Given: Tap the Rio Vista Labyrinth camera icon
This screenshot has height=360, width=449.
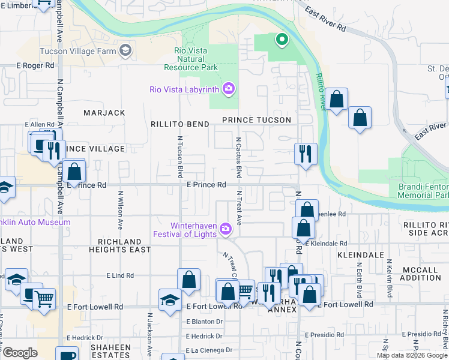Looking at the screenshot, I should point(228,89).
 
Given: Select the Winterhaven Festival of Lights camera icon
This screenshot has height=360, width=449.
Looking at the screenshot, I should point(225,229).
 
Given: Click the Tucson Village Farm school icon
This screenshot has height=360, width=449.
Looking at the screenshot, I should point(125,50).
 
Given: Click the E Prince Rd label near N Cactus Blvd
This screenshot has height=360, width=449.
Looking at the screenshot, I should point(206,185).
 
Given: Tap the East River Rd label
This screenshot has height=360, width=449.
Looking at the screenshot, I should point(325,20).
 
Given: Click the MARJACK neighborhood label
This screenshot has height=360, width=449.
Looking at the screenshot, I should point(104,113).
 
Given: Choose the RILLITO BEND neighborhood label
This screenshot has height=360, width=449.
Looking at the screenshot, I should point(179,124).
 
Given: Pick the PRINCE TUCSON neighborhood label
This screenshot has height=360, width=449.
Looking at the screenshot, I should point(256,120).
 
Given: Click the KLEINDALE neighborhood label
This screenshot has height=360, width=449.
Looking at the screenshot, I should point(360,255).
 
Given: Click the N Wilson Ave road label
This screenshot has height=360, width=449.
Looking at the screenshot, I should point(121,210).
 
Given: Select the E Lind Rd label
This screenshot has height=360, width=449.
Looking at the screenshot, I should point(120,275).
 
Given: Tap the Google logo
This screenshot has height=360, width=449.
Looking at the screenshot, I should point(20,353).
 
